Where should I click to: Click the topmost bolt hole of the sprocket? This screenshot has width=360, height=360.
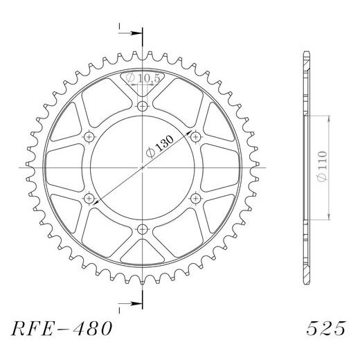pyautogui.click(x=143, y=106)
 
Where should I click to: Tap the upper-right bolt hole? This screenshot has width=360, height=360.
pyautogui.click(x=196, y=136)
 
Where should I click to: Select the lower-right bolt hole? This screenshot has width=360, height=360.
pyautogui.click(x=196, y=199)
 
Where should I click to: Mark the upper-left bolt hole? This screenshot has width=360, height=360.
pyautogui.click(x=89, y=136)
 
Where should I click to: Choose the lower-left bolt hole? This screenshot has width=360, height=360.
pyautogui.click(x=89, y=199)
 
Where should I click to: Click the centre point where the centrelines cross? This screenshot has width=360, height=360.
pyautogui.click(x=143, y=168)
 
